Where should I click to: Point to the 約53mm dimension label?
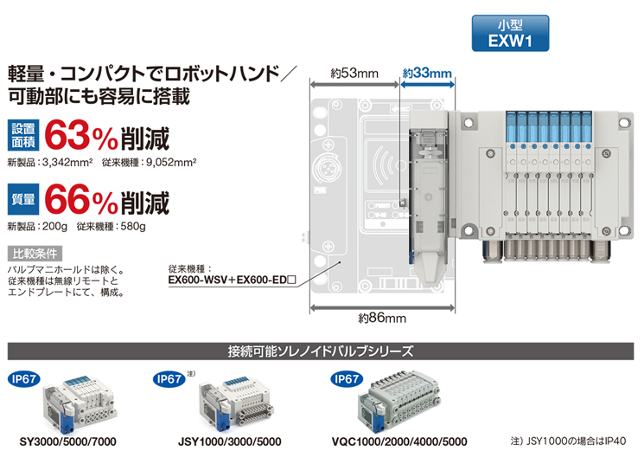pos(354,74)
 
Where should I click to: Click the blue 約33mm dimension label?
pos(427,74)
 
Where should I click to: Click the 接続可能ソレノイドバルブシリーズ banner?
pos(322,351)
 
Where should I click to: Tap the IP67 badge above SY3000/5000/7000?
pos(25,379)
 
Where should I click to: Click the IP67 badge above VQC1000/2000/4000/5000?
pos(347,379)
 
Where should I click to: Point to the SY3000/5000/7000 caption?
pos(67,441)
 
